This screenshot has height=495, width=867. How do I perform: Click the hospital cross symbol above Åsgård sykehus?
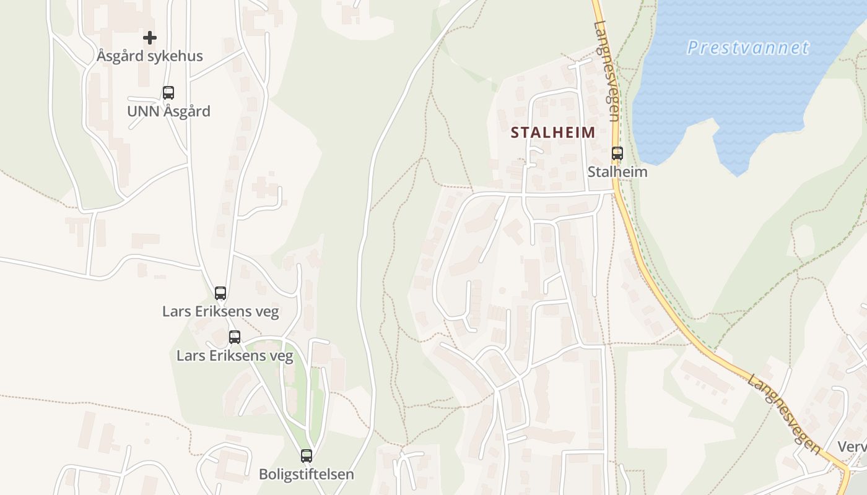pos(150,38)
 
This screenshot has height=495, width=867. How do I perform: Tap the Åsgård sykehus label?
pos(150,56)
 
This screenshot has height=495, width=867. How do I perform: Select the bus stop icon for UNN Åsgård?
pos(168,93)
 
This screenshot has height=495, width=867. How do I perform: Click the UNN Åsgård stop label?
pos(168,112)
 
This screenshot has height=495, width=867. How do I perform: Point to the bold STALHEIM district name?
pos(553,132)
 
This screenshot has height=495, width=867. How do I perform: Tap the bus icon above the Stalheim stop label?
pos(617,153)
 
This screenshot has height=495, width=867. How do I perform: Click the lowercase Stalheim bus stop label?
pos(617,172)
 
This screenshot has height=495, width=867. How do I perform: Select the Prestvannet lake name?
pos(748,48)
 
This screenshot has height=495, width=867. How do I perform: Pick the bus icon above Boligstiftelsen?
pos(307,456)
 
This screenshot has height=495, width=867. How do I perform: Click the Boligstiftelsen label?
pos(307,475)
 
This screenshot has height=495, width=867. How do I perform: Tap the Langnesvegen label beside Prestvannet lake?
pos(606,71)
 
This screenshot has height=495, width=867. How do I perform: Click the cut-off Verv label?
pos(852,447)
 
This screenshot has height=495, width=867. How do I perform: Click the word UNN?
pos(141,112)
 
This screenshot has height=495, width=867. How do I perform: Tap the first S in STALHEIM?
pos(515,132)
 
